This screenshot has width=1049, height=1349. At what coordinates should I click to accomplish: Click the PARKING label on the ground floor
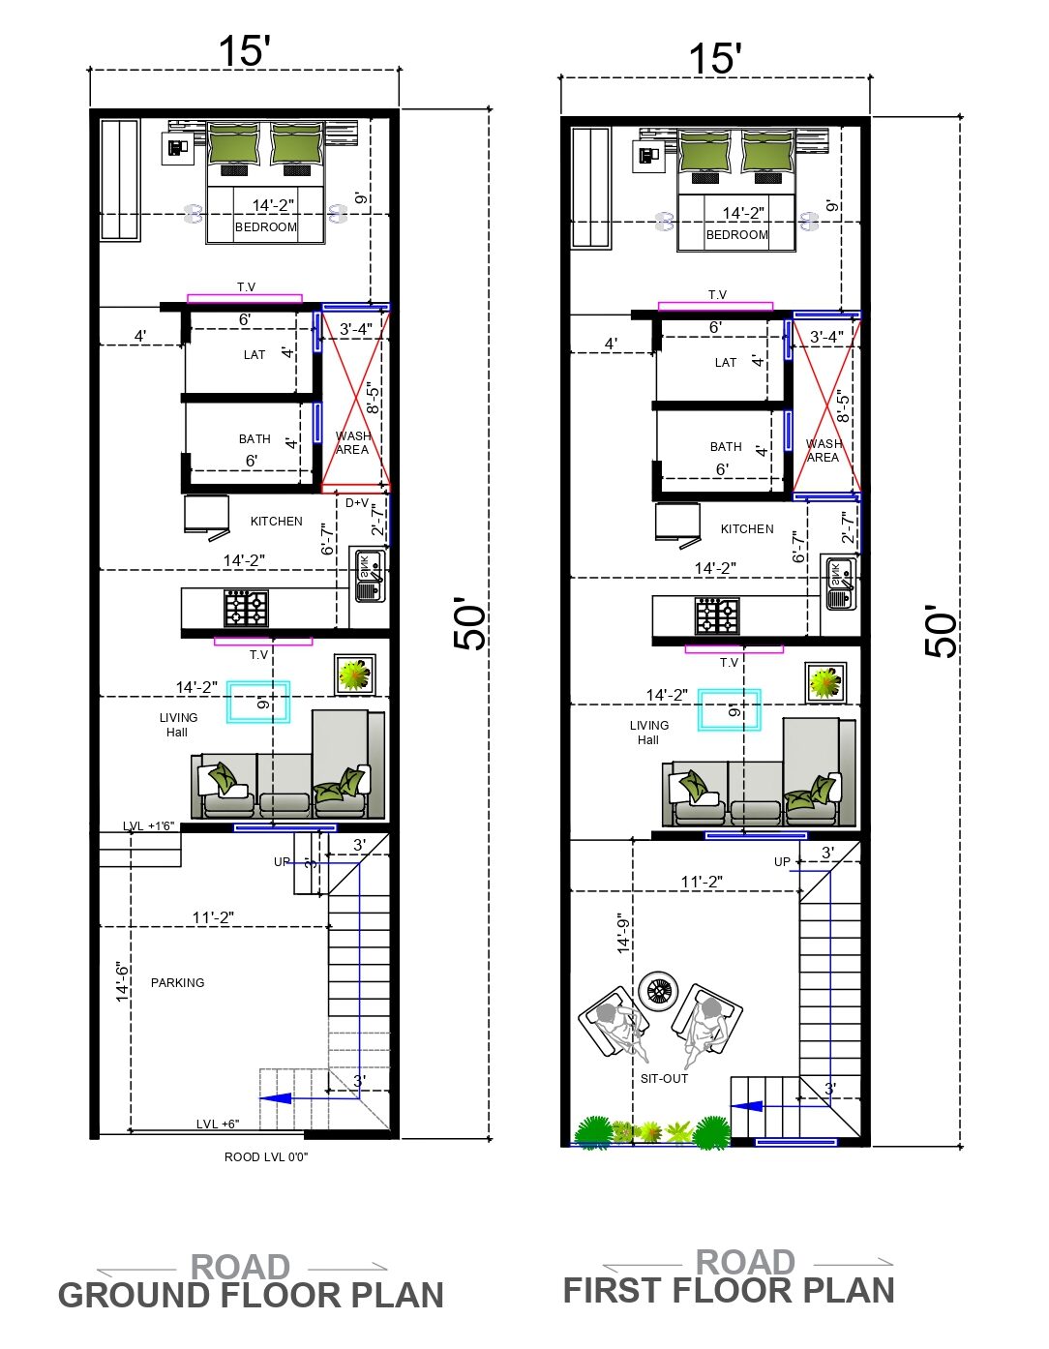pyautogui.click(x=177, y=983)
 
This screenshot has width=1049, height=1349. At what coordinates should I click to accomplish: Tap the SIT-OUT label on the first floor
pyautogui.click(x=664, y=1079)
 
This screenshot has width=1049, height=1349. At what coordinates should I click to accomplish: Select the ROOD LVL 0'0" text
pyautogui.click(x=266, y=1157)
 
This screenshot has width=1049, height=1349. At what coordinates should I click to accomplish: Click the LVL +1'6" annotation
pyautogui.click(x=148, y=826)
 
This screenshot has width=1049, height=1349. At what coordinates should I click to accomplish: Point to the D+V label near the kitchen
pyautogui.click(x=357, y=503)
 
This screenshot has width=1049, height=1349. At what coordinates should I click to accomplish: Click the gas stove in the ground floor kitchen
pyautogui.click(x=247, y=609)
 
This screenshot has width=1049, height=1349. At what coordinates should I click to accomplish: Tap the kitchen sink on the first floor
pyautogui.click(x=841, y=585)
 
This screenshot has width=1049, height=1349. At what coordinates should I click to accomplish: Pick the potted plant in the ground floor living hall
pyautogui.click(x=355, y=674)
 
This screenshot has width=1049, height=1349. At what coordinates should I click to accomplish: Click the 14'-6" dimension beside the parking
pyautogui.click(x=123, y=982)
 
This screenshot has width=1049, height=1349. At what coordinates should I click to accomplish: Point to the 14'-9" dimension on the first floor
pyautogui.click(x=623, y=933)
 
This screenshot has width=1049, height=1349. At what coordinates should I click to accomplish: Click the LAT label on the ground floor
pyautogui.click(x=255, y=355)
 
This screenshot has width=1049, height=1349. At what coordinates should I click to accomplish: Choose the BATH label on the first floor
pyautogui.click(x=726, y=447)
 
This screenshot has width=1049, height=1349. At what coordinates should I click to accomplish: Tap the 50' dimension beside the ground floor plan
pyautogui.click(x=471, y=624)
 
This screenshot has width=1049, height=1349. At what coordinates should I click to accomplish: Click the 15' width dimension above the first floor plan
pyautogui.click(x=715, y=58)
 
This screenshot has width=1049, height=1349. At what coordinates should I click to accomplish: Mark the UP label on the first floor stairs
pyautogui.click(x=782, y=862)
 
